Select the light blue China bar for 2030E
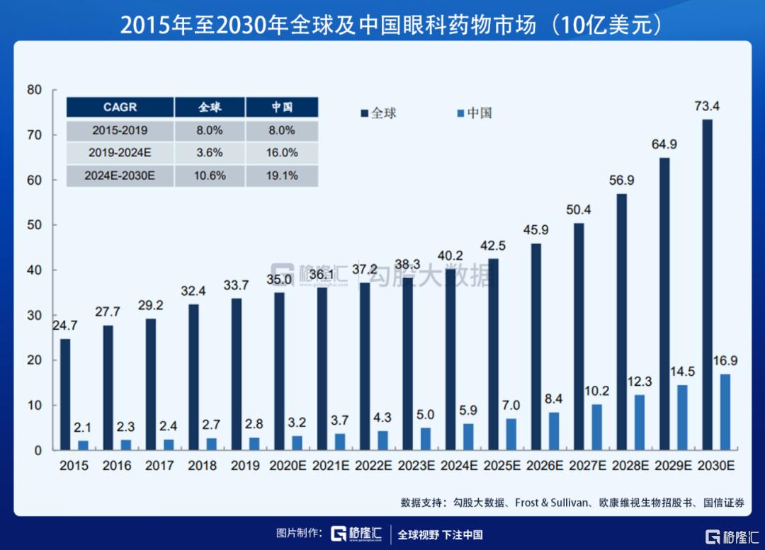pyautogui.click(x=725, y=412)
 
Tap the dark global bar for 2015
pyautogui.click(x=65, y=394)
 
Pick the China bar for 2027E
pyautogui.click(x=596, y=427)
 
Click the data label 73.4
pyautogui.click(x=708, y=107)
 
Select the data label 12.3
pyautogui.click(x=639, y=382)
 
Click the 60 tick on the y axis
pyautogui.click(x=35, y=180)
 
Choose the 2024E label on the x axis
pyautogui.click(x=460, y=466)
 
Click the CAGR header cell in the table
pyautogui.click(x=120, y=108)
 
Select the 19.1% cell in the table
pyautogui.click(x=281, y=176)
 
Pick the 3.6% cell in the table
pyautogui.click(x=210, y=153)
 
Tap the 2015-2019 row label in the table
pyautogui.click(x=120, y=130)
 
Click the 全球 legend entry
pyautogui.click(x=378, y=113)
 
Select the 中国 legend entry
pyautogui.click(x=474, y=113)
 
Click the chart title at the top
pyautogui.click(x=382, y=24)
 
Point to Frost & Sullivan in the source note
pyautogui.click(x=550, y=503)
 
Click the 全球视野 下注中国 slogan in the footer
pyautogui.click(x=440, y=534)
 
